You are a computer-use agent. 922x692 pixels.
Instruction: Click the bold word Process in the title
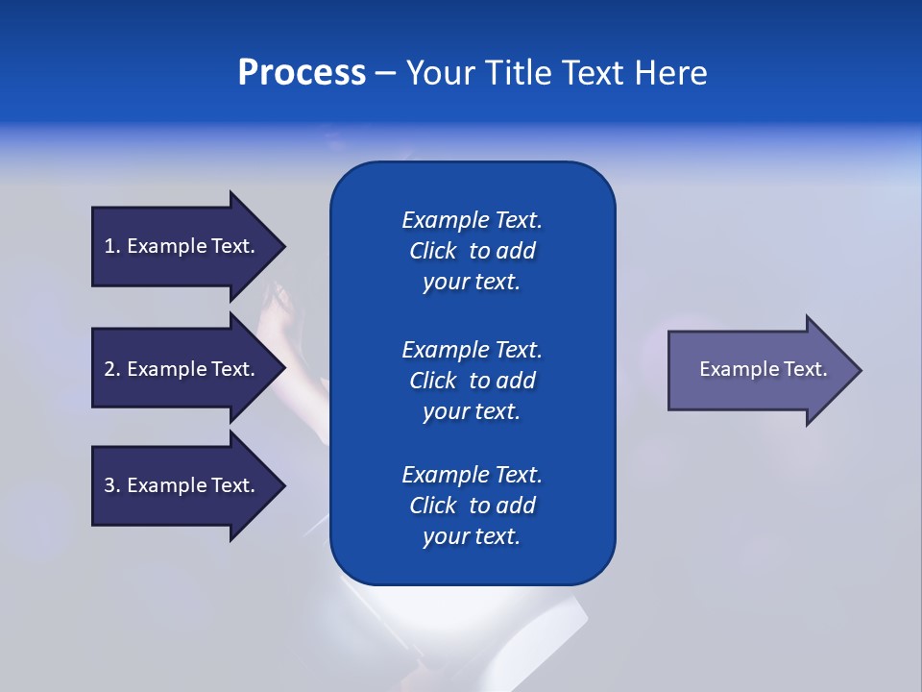point(302,73)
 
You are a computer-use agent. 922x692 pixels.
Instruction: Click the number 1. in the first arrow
point(112,246)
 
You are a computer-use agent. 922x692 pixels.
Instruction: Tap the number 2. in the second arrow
point(112,369)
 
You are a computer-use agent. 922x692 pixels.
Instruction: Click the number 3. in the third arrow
point(112,485)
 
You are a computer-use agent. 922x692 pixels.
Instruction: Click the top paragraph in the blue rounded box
point(472,251)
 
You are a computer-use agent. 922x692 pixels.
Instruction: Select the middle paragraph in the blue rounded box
point(472,381)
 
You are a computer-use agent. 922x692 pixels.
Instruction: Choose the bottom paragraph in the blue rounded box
point(472,506)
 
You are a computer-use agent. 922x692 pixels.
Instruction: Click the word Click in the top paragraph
point(432,251)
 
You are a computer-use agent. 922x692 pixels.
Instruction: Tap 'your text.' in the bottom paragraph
point(472,536)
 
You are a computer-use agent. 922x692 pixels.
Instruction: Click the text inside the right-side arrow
point(763,369)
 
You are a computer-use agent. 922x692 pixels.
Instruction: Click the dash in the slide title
point(385,73)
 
